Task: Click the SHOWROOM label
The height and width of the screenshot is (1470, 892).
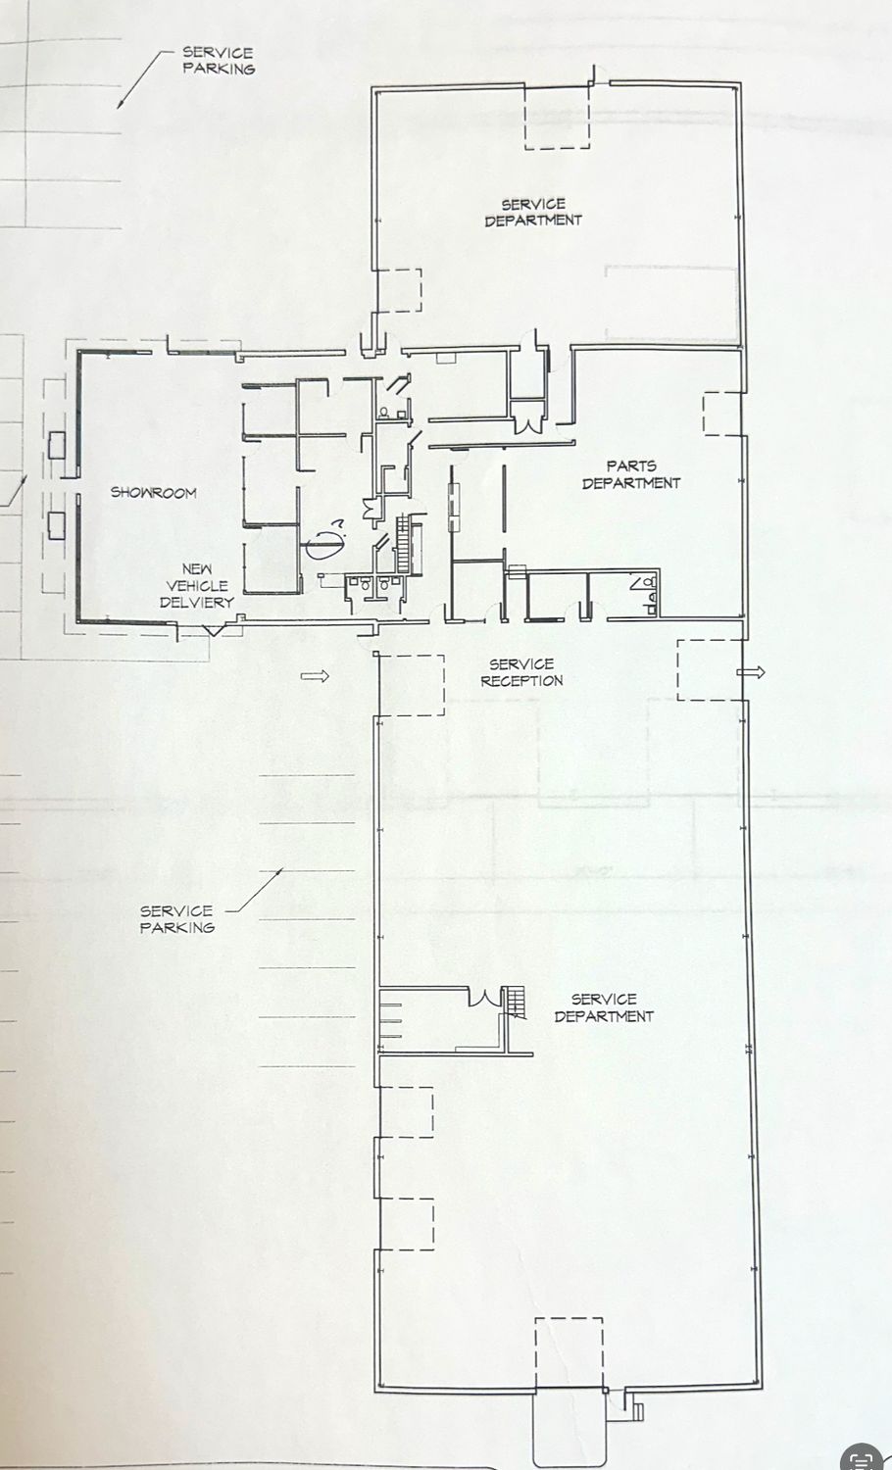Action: [x=154, y=492]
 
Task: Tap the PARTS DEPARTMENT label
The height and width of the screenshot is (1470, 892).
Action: [x=631, y=474]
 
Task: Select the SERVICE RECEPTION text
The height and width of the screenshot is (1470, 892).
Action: [x=521, y=672]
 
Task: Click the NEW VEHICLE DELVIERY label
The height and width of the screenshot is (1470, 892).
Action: [x=197, y=585]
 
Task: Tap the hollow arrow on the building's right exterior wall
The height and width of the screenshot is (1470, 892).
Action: [x=751, y=672]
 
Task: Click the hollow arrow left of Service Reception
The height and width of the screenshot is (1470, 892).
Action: [x=315, y=676]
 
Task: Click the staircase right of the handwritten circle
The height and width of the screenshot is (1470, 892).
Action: [x=404, y=543]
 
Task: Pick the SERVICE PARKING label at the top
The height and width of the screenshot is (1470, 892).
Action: [x=219, y=61]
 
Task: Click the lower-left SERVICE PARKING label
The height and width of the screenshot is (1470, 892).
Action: [x=177, y=919]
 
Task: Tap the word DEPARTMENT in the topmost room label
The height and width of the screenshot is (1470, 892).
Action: [x=533, y=220]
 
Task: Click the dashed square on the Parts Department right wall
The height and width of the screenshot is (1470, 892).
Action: [x=722, y=414]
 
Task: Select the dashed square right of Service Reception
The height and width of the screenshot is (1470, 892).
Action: [x=710, y=670]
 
